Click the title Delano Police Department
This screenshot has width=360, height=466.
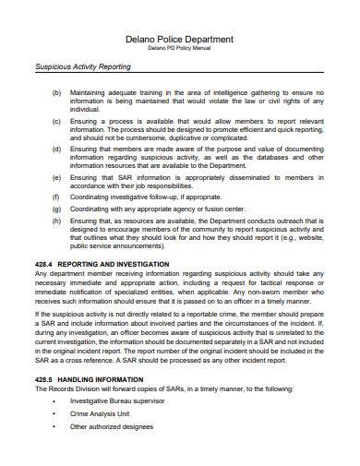179,40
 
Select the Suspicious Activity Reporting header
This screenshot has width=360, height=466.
82,67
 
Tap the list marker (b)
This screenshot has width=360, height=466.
56,93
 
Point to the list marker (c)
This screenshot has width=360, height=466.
56,122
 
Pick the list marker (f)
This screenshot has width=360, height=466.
56,197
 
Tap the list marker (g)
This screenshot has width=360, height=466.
56,209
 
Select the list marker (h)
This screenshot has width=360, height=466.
56,222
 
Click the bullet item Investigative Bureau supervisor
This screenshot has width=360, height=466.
118,402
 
